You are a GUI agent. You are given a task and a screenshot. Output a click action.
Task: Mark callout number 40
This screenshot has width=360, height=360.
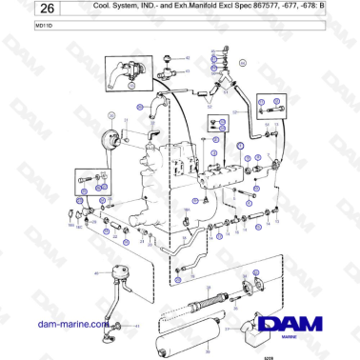pos(96,274)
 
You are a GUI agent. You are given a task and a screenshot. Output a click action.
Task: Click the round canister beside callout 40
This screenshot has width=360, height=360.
pos(120,274)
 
